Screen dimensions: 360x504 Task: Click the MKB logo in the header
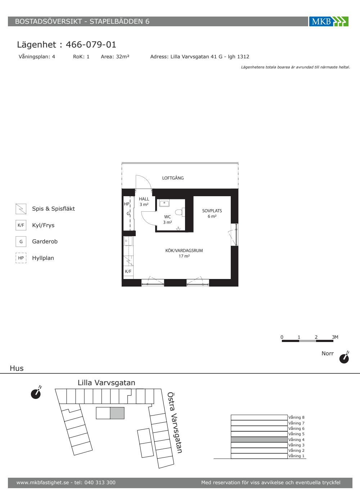[329, 21]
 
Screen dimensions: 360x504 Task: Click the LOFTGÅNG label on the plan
[173, 178]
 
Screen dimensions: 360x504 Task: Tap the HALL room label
[144, 199]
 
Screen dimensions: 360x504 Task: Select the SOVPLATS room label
[212, 211]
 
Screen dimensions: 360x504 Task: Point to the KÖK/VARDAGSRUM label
[184, 251]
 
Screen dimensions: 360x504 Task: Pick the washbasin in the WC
[164, 203]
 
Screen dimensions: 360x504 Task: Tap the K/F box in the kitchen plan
[128, 271]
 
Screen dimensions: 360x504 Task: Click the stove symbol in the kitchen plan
[128, 261]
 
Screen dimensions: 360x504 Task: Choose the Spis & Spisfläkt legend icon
[21, 209]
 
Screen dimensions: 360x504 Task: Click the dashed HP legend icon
[21, 258]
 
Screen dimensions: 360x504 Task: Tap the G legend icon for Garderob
[21, 242]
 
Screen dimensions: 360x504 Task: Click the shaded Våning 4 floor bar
[259, 440]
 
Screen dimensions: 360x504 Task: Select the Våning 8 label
[296, 417]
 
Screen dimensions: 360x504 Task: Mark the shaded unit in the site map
[117, 413]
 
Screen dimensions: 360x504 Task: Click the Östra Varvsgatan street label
[175, 423]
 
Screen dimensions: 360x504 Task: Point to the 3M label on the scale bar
[335, 337]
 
